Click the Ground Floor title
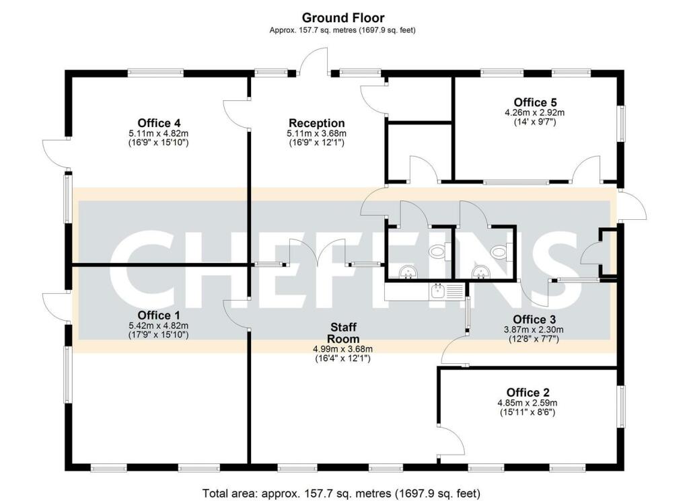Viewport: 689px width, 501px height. click(342, 18)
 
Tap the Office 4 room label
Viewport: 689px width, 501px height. click(159, 123)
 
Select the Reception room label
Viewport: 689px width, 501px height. click(316, 123)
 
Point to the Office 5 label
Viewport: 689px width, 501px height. click(535, 102)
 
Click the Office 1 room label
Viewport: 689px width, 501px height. click(159, 315)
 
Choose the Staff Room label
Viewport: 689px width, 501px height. click(343, 333)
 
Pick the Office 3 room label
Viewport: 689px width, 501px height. click(534, 319)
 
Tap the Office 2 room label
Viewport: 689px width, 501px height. click(528, 392)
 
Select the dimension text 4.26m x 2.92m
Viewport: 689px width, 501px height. click(535, 112)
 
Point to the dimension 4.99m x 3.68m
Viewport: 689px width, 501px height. click(342, 349)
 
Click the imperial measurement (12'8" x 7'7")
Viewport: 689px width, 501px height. click(534, 338)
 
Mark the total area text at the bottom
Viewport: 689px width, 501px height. click(341, 493)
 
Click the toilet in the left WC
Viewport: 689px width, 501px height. click(438, 252)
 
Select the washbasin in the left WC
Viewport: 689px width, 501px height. click(408, 272)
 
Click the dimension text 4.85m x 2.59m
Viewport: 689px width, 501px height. click(528, 403)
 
